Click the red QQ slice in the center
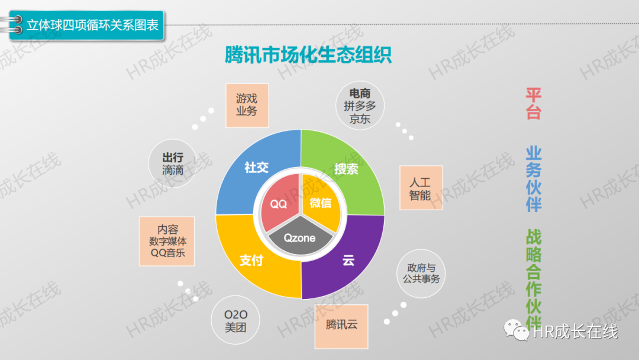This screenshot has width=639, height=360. pos(278,204)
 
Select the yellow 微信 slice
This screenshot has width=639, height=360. pos(321,203)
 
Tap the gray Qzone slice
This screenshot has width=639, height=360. pos(299,239)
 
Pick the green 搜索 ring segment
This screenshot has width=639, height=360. pos(347,169)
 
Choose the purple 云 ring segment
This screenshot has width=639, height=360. pos(348,261)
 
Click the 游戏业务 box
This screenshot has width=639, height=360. pos(247,105)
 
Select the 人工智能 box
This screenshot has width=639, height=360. pos(421,188)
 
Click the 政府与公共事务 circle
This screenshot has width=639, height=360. pos(421,272)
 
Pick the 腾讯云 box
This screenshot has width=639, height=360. pos(341,326)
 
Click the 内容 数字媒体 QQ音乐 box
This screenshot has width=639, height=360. pos(167,241)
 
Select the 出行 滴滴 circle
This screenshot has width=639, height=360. pos(173,163)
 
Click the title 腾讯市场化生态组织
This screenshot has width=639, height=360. pos(308,55)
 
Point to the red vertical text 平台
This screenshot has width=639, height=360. pos(533,104)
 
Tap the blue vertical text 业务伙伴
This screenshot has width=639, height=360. pos(533,179)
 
